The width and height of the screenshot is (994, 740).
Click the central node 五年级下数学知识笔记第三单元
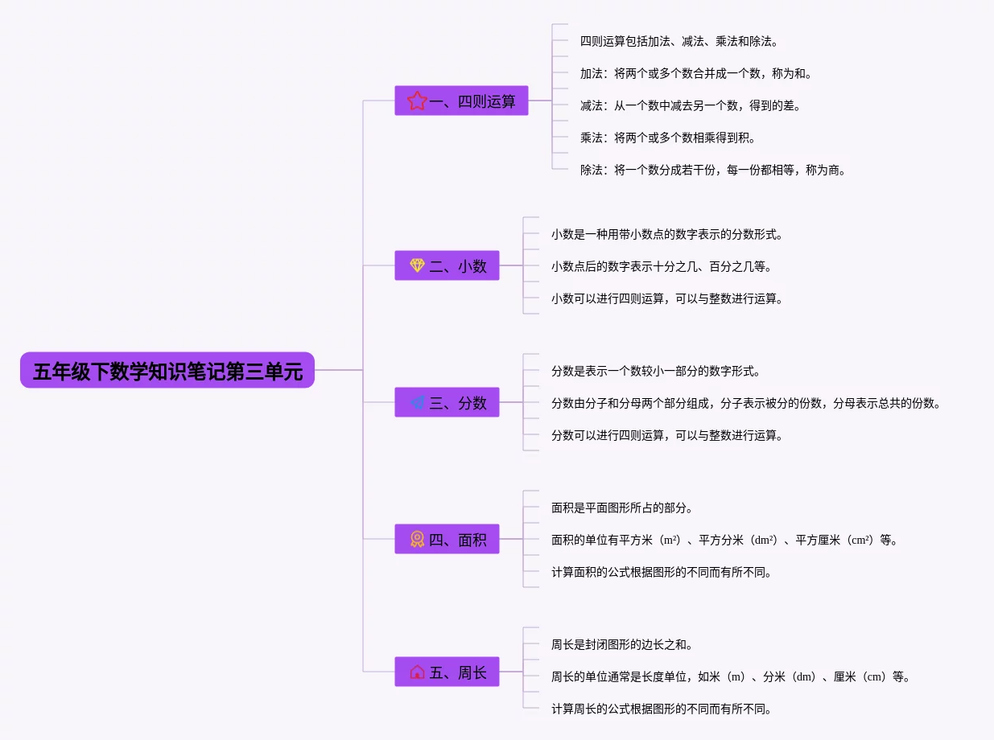click(167, 371)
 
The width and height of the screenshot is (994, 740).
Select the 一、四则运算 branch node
click(461, 101)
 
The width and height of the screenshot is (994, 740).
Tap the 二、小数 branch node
click(447, 265)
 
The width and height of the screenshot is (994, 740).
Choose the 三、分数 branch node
click(447, 403)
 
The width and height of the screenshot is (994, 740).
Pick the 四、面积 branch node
click(447, 540)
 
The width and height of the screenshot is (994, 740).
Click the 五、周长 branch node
click(447, 672)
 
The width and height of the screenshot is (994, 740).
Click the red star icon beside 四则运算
click(417, 101)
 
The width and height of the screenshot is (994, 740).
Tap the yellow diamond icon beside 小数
click(417, 265)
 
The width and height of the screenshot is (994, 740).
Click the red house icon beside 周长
click(417, 672)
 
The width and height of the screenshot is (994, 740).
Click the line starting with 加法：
click(696, 73)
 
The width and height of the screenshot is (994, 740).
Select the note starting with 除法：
click(713, 170)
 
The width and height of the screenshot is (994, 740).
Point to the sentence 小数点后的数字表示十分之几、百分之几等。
click(662, 266)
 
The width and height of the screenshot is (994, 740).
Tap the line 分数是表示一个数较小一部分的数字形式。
click(656, 371)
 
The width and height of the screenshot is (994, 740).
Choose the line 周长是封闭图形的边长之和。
click(622, 644)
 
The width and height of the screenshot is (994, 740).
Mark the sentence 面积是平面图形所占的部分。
click(622, 508)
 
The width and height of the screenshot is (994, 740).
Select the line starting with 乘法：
click(668, 138)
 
